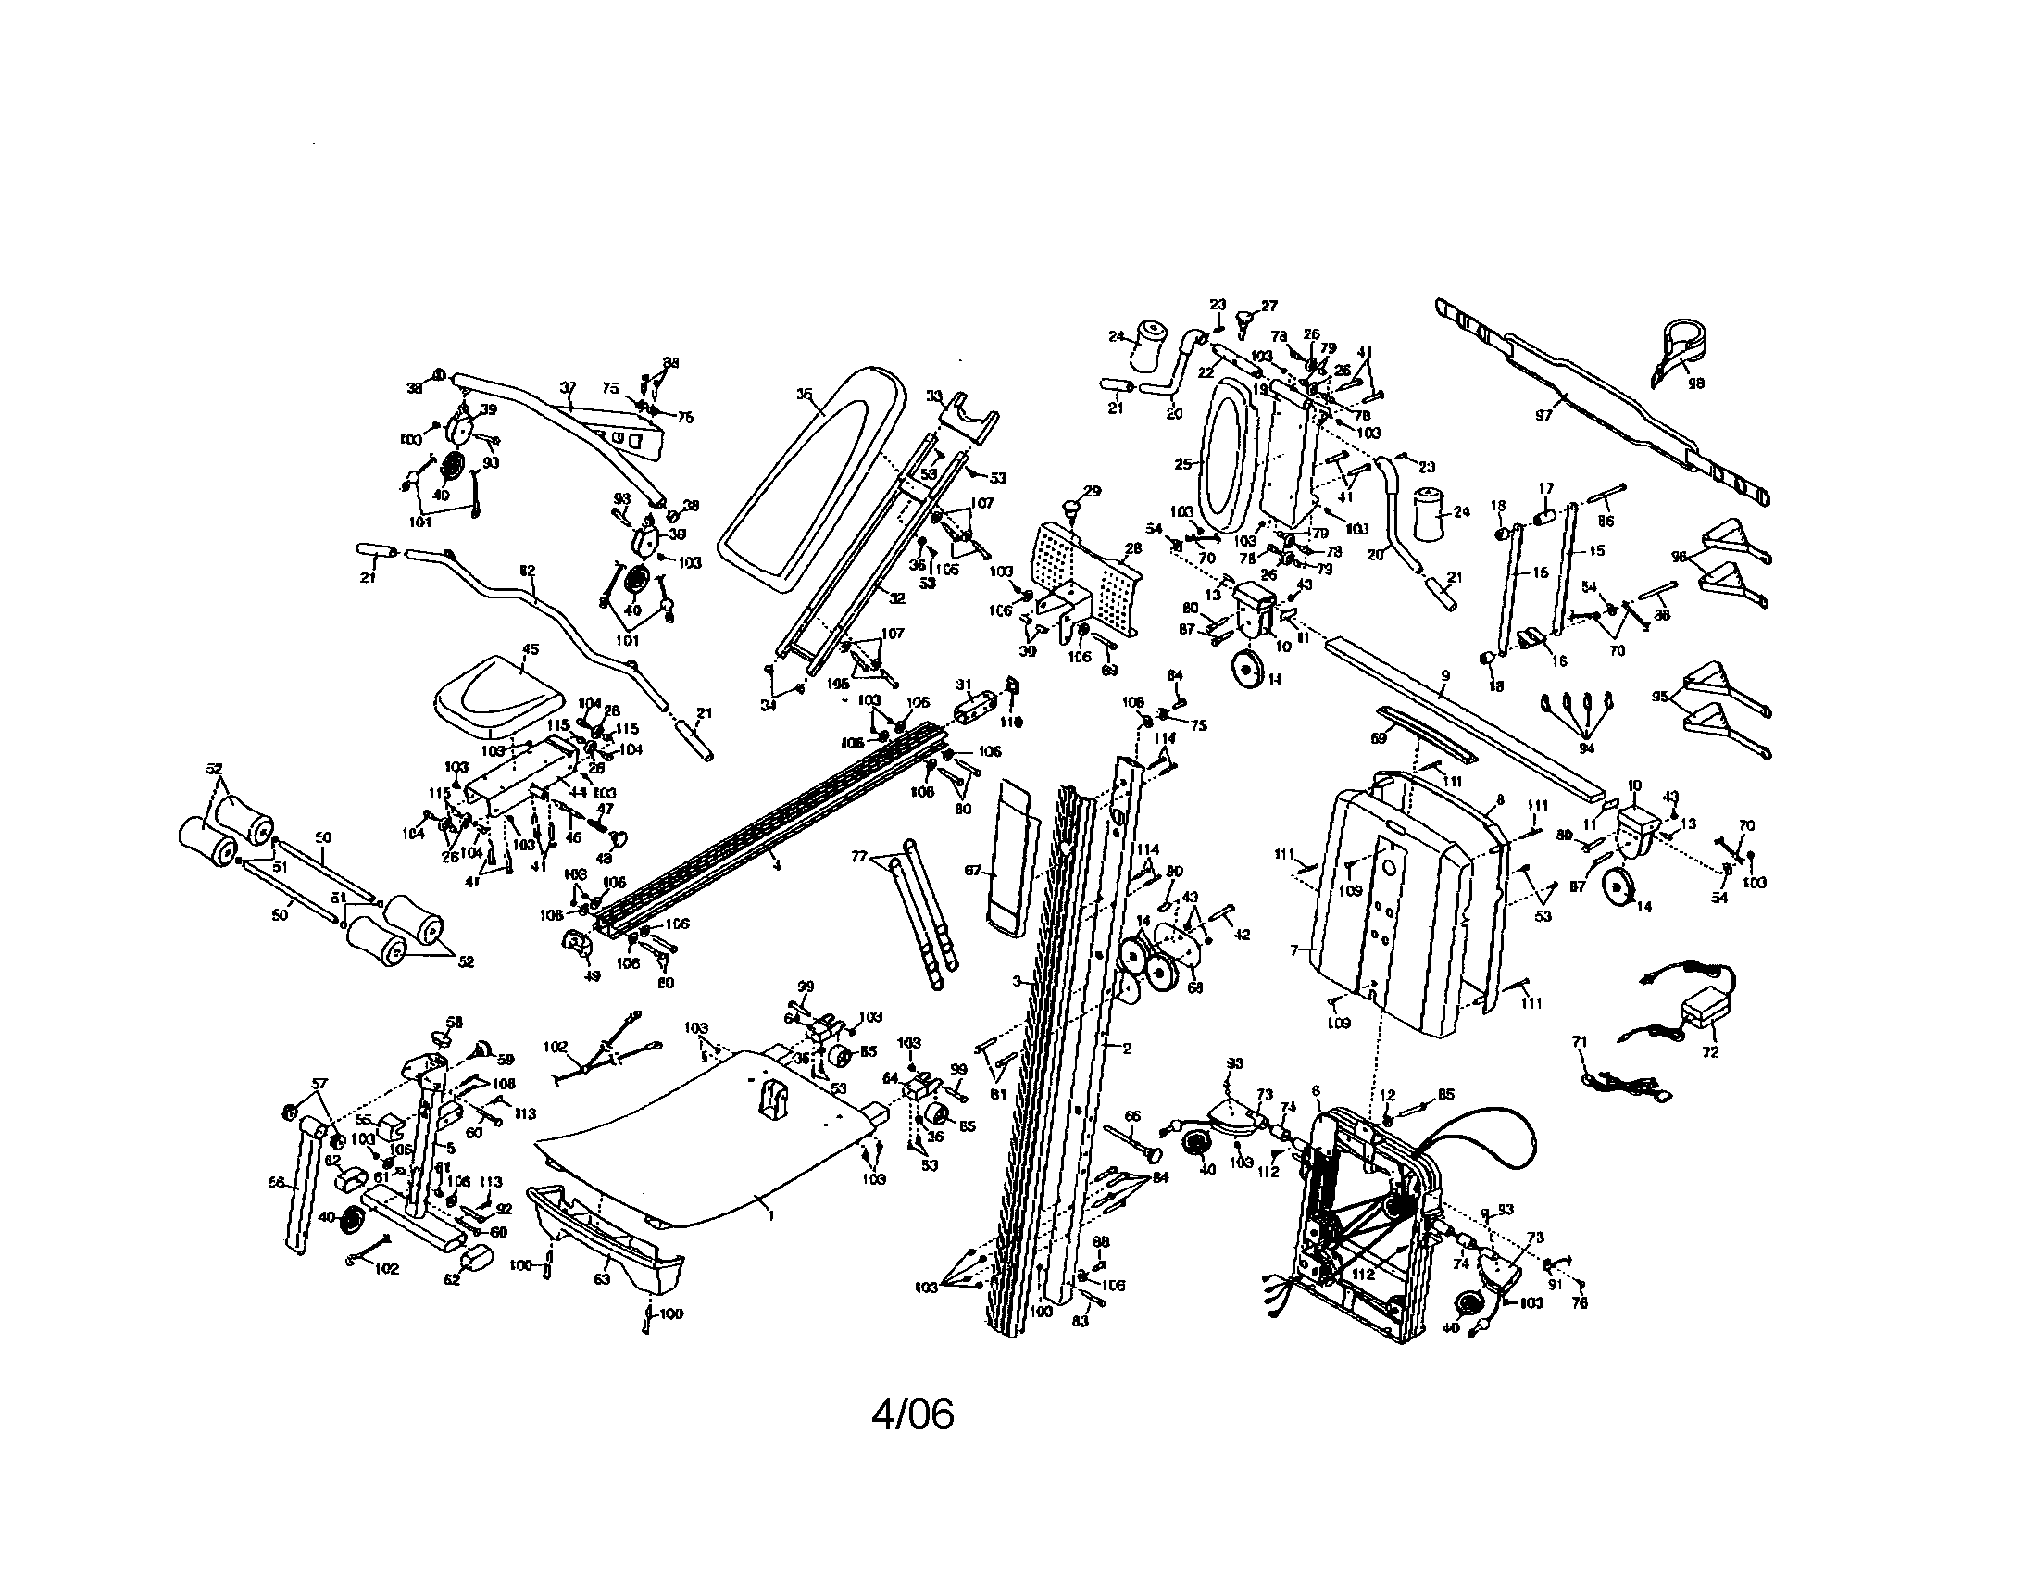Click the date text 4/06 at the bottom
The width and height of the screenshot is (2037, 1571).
[912, 1415]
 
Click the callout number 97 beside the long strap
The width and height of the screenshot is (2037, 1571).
[1543, 416]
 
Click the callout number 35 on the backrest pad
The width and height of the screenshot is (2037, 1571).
[804, 395]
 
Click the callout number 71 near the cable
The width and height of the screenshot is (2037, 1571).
[1579, 1040]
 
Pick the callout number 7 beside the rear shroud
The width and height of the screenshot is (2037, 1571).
[1293, 950]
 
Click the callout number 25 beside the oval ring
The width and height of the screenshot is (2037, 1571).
[1183, 464]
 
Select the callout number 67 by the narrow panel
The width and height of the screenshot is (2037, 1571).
[973, 871]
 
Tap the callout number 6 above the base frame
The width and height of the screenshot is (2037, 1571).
[1316, 1090]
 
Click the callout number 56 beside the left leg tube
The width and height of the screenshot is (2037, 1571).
[275, 1182]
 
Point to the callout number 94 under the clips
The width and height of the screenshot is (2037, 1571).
[1586, 748]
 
